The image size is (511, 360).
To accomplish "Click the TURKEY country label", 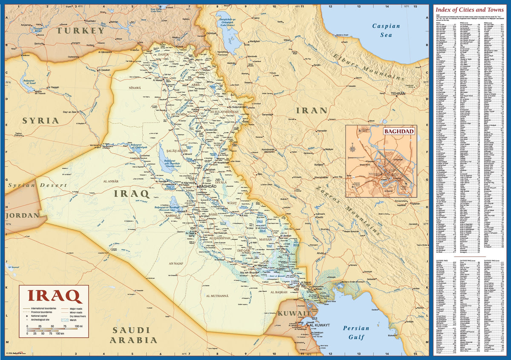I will [81, 31].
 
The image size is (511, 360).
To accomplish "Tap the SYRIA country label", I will [40, 120].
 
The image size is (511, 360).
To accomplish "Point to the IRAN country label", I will [312, 111].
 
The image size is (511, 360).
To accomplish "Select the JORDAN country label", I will [22, 215].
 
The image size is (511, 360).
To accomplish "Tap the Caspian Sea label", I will [386, 30].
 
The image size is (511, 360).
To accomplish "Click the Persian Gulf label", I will [356, 333].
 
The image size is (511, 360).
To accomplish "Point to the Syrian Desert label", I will [37, 185].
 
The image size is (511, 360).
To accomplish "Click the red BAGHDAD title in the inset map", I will [399, 131].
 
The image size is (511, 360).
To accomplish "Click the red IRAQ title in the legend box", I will [55, 296].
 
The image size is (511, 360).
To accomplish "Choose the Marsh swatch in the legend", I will [65, 320].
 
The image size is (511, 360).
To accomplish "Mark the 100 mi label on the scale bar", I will [78, 326].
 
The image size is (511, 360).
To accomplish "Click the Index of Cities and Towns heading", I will [469, 9].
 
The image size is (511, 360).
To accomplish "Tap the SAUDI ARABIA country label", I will [133, 335].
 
